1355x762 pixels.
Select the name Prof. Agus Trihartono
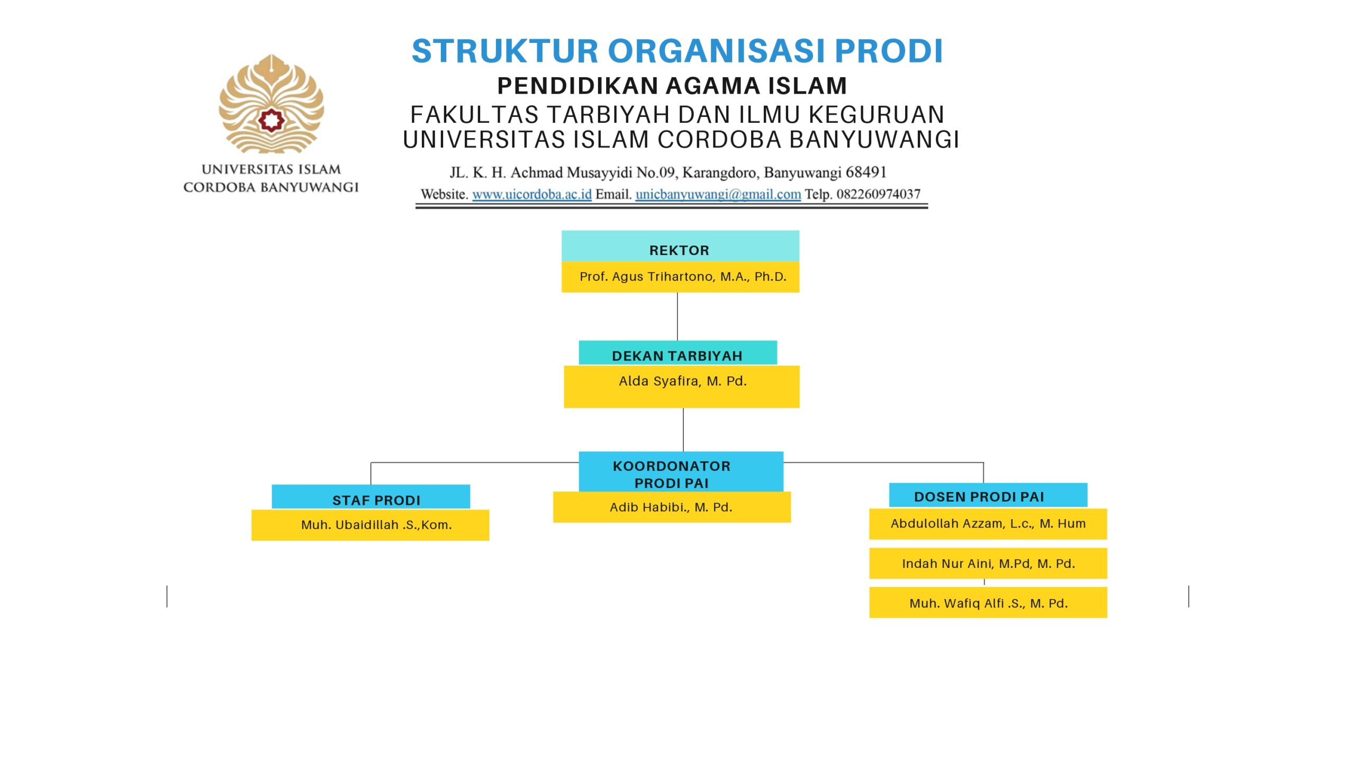point(682,277)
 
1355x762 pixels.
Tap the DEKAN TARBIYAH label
point(677,355)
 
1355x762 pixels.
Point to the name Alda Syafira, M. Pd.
point(682,382)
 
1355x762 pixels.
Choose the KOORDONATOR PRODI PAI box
point(671,473)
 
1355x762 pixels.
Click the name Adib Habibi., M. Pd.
point(671,507)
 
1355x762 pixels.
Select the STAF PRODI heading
point(376,500)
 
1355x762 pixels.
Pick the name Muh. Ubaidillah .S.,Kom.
point(376,525)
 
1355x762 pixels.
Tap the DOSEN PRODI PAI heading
point(979,496)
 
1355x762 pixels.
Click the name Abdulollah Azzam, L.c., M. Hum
point(988,524)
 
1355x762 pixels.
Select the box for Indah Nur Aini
point(988,564)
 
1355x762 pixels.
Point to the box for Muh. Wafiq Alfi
point(988,603)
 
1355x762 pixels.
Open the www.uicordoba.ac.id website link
point(531,194)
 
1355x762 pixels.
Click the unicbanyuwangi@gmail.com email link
point(718,194)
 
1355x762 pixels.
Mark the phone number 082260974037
point(878,194)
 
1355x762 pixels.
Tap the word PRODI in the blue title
point(889,51)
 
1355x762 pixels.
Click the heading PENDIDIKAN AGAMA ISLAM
point(672,86)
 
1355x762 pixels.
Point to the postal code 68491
point(866,173)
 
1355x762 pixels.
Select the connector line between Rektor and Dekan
point(677,316)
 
